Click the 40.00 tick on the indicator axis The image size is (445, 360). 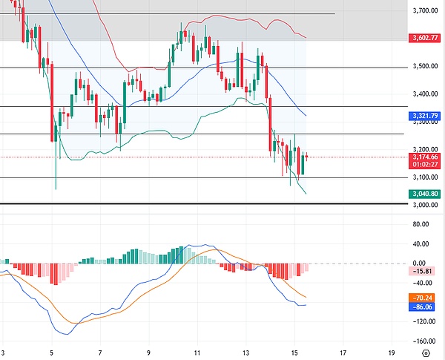click(x=421, y=243)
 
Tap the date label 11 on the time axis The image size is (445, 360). click(x=197, y=353)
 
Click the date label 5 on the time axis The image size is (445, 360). click(x=51, y=353)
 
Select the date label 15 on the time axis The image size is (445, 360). click(x=294, y=353)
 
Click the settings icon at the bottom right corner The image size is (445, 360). click(x=425, y=353)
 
